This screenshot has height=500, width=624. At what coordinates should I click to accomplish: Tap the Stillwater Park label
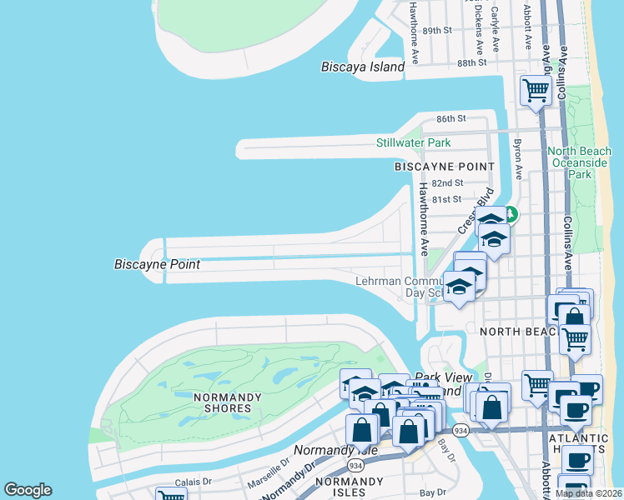click(412, 143)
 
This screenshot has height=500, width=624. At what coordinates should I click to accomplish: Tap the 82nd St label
click(447, 183)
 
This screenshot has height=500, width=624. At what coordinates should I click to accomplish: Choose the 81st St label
click(445, 199)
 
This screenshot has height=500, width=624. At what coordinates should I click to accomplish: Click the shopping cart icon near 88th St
click(535, 90)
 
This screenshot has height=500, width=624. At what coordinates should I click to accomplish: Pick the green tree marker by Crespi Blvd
click(511, 215)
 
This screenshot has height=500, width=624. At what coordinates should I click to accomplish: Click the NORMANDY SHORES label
click(222, 402)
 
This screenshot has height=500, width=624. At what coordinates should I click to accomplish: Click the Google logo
click(28, 490)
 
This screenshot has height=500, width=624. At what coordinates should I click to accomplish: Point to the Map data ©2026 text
click(588, 493)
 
